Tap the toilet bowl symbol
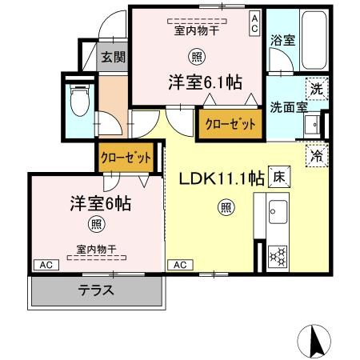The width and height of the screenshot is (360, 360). tap(80, 102)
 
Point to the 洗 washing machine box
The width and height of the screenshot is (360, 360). tap(317, 89)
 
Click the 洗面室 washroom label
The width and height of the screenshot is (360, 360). tap(285, 106)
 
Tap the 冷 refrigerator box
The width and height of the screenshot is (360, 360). tap(318, 154)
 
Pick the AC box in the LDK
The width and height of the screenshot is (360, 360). tap(179, 264)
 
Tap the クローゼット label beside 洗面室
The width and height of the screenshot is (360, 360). tap(230, 124)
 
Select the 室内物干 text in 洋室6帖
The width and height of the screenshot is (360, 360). tap(97, 248)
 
